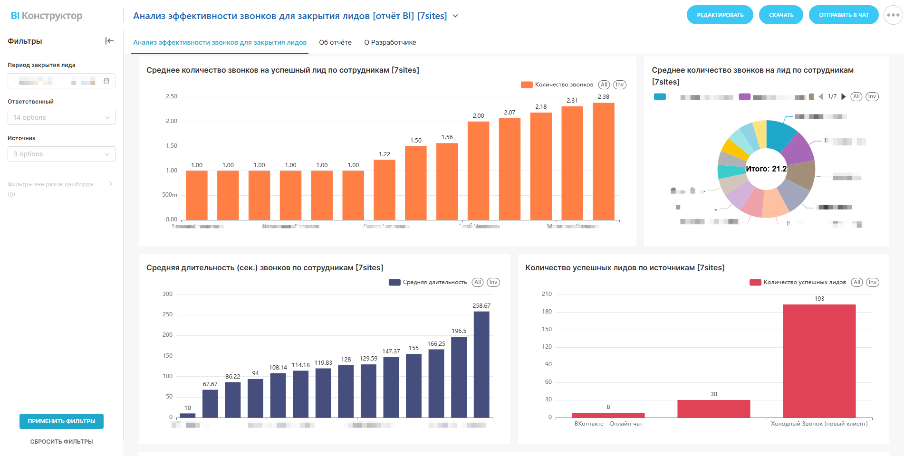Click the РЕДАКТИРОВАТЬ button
click(720, 15)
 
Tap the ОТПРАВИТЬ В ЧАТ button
click(843, 15)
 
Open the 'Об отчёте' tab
click(335, 42)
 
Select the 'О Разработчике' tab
click(390, 42)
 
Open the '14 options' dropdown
click(61, 117)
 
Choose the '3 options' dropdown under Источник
click(61, 154)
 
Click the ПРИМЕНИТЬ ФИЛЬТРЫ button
click(61, 421)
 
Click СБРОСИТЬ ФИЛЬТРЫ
click(61, 442)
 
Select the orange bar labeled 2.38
click(603, 161)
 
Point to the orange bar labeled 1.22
click(384, 190)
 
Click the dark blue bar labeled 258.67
click(481, 364)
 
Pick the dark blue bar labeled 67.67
click(210, 404)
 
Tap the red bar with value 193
click(819, 361)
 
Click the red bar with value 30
click(713, 409)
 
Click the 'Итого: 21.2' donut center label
click(766, 169)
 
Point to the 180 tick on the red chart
click(547, 312)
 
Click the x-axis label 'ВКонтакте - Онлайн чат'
click(608, 424)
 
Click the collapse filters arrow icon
click(109, 41)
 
